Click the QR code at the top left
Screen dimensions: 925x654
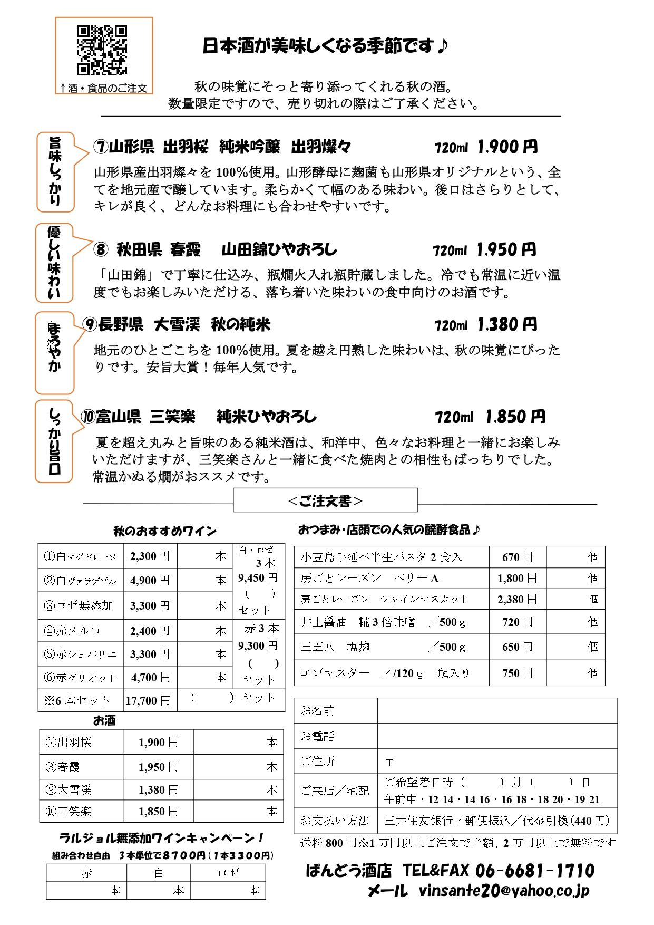click(x=102, y=50)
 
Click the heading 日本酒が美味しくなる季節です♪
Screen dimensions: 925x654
click(x=325, y=46)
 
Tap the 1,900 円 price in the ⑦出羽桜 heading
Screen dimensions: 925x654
click(x=507, y=147)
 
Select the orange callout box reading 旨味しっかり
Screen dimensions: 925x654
click(x=55, y=172)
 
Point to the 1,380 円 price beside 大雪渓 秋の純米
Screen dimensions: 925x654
click(x=507, y=325)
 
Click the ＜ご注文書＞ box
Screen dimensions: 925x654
click(x=325, y=500)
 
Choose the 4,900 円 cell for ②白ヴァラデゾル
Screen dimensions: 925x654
click(x=150, y=580)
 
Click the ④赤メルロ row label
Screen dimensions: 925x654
click(x=72, y=631)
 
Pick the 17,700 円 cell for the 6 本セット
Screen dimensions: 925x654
click(x=148, y=700)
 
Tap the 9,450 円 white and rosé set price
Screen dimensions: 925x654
click(x=258, y=577)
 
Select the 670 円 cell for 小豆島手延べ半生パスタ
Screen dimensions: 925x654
click(x=517, y=557)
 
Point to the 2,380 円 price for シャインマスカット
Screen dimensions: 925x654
click(x=517, y=599)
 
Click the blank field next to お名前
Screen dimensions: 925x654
click(x=497, y=710)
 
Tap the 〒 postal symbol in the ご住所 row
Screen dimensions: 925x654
click(x=389, y=762)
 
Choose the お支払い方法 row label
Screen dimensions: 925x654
click(x=335, y=821)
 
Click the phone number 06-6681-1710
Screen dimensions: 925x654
click(x=535, y=871)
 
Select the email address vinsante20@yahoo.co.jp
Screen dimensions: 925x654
click(x=504, y=891)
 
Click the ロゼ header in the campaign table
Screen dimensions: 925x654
click(x=228, y=873)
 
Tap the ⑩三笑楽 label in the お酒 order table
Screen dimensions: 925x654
click(x=69, y=811)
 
